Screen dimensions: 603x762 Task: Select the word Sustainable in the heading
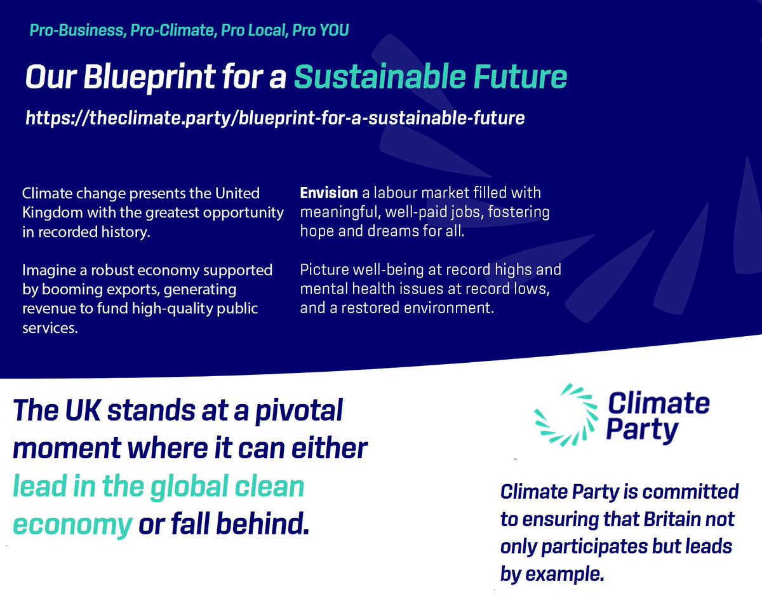coord(375,78)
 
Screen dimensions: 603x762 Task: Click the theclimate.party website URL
coord(274,118)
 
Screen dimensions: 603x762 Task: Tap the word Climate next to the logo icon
coord(658,403)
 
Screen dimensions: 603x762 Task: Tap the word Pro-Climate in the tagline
coord(171,30)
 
